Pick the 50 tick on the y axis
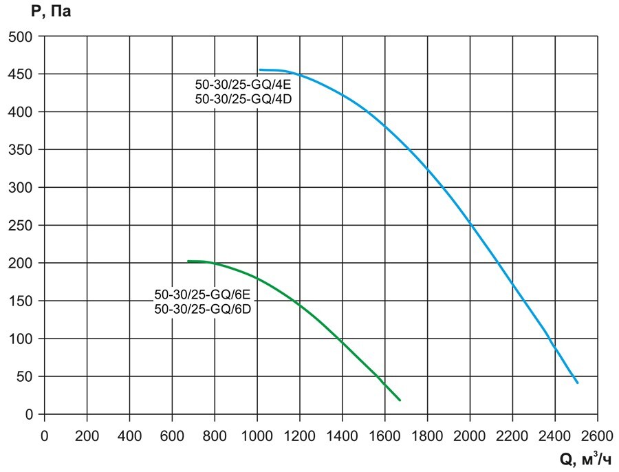click(x=27, y=376)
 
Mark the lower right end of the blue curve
click(x=577, y=382)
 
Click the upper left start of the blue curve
click(x=260, y=69)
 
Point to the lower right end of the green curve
click(x=400, y=400)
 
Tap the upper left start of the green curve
click(x=188, y=261)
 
